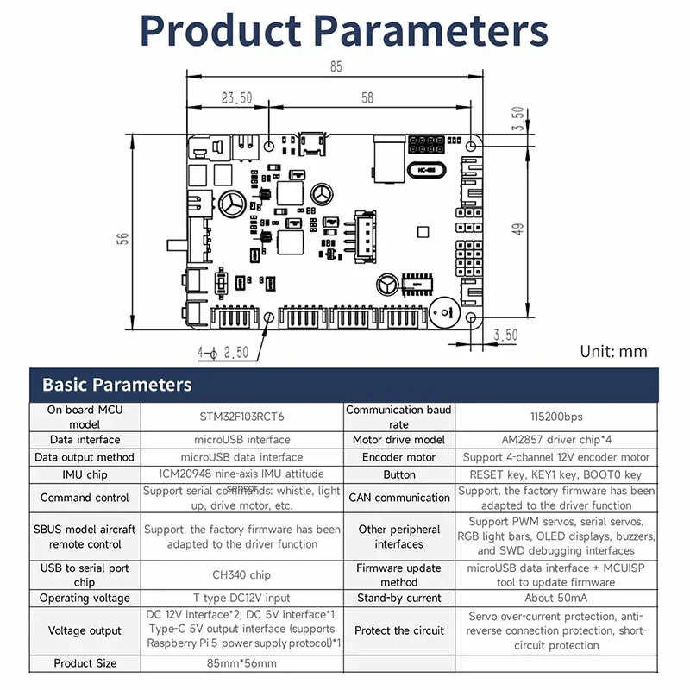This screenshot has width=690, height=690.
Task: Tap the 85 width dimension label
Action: tap(336, 66)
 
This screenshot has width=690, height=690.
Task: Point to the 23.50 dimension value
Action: tap(236, 98)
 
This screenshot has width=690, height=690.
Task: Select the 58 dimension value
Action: tap(367, 98)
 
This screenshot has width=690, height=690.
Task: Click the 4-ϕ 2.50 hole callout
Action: tap(223, 352)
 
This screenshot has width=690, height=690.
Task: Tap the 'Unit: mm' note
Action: tap(613, 351)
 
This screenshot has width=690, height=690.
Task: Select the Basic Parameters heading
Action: tap(117, 385)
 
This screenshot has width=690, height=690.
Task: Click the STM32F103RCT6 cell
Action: tap(241, 417)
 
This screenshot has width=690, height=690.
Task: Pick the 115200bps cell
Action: tap(555, 417)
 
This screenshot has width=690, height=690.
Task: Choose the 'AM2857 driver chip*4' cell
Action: tap(555, 440)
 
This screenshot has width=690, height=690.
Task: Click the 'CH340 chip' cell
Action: tap(241, 574)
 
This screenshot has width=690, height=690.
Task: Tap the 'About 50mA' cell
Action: tap(555, 598)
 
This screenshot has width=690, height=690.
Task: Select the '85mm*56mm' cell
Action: tap(241, 663)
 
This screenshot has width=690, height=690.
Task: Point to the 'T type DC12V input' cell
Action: tap(241, 598)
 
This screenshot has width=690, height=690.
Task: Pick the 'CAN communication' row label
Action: tap(399, 498)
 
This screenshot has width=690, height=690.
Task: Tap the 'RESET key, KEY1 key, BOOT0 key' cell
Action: tap(555, 474)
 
